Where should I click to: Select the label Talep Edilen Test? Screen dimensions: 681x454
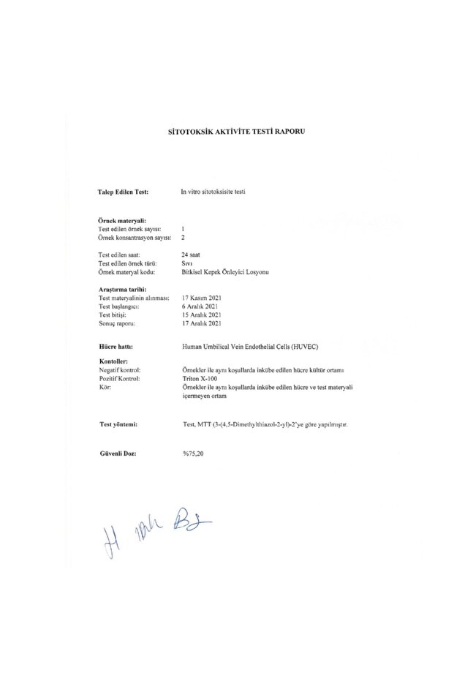pos(124,192)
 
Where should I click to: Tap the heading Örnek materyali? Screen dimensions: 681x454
pos(122,220)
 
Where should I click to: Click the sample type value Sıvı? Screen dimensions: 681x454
pos(186,263)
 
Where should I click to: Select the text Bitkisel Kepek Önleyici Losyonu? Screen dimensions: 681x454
pos(226,271)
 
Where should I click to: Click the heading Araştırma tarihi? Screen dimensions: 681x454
pos(122,290)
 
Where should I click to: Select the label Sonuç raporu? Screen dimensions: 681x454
pos(118,323)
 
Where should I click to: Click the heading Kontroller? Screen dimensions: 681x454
pos(113,362)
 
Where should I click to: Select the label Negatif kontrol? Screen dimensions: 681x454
pos(122,371)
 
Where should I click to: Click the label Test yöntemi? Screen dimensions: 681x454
pos(120,424)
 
